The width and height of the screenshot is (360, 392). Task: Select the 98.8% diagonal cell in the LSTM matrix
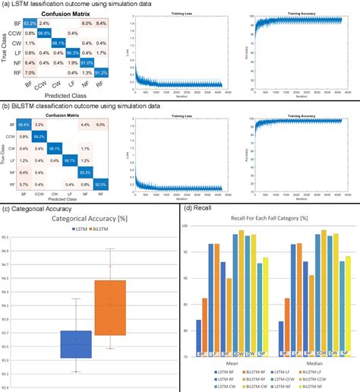(45, 33)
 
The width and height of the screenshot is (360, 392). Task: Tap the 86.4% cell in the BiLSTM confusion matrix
(23, 123)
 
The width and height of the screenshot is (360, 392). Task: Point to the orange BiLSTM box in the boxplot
(110, 307)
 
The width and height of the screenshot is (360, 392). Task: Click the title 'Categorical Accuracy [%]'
(90, 219)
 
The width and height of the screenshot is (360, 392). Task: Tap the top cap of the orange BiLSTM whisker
(110, 248)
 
